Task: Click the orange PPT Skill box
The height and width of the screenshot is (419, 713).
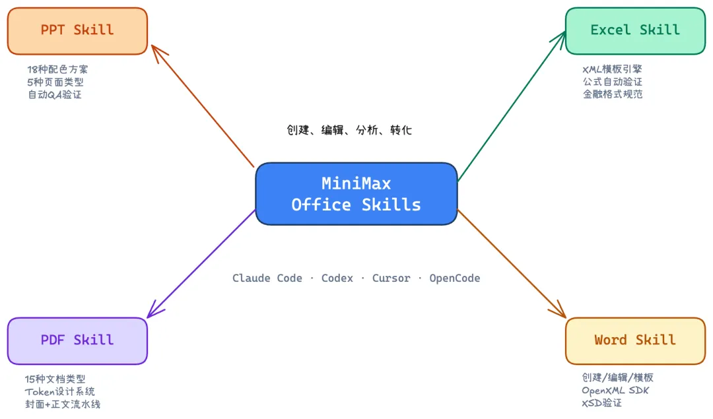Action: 77,30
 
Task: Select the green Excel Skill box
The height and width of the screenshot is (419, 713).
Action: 635,30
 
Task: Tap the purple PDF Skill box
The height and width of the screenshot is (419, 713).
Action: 77,340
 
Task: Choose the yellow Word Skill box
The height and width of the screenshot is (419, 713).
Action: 635,340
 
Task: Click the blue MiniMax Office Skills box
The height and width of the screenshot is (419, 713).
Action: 356,194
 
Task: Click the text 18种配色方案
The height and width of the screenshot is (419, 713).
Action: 57,69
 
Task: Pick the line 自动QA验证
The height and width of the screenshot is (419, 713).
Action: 55,94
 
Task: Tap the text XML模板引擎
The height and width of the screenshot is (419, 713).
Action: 612,69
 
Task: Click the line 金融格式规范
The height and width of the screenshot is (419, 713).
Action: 612,94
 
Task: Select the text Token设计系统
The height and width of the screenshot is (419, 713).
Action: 60,392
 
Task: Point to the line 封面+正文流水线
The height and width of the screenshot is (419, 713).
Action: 63,404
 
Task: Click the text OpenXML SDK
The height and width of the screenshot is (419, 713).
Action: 615,391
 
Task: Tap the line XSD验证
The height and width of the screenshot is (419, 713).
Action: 601,403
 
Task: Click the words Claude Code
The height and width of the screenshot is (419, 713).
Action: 267,278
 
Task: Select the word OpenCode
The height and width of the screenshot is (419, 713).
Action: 455,278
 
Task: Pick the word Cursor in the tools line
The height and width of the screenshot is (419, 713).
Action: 391,278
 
